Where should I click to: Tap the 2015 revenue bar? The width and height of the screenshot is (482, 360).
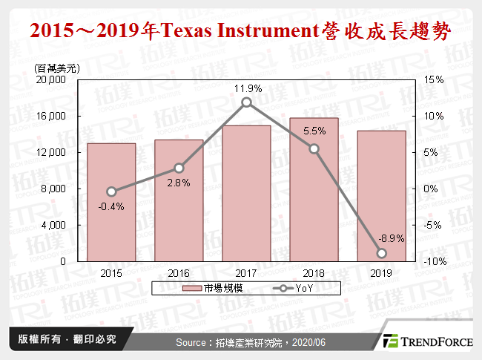[111, 202]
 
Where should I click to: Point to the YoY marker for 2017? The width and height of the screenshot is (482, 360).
[246, 102]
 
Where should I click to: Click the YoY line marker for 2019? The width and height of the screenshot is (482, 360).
[381, 253]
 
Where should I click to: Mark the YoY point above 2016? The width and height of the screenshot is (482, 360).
[179, 168]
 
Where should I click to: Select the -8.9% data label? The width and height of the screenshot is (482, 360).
[390, 238]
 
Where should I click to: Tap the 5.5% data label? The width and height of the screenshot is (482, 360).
[314, 131]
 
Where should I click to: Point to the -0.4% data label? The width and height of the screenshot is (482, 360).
[111, 206]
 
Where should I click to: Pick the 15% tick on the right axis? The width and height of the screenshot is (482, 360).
[434, 80]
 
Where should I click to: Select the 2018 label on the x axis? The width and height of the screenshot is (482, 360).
[314, 273]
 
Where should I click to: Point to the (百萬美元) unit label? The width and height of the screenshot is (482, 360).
[57, 68]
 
